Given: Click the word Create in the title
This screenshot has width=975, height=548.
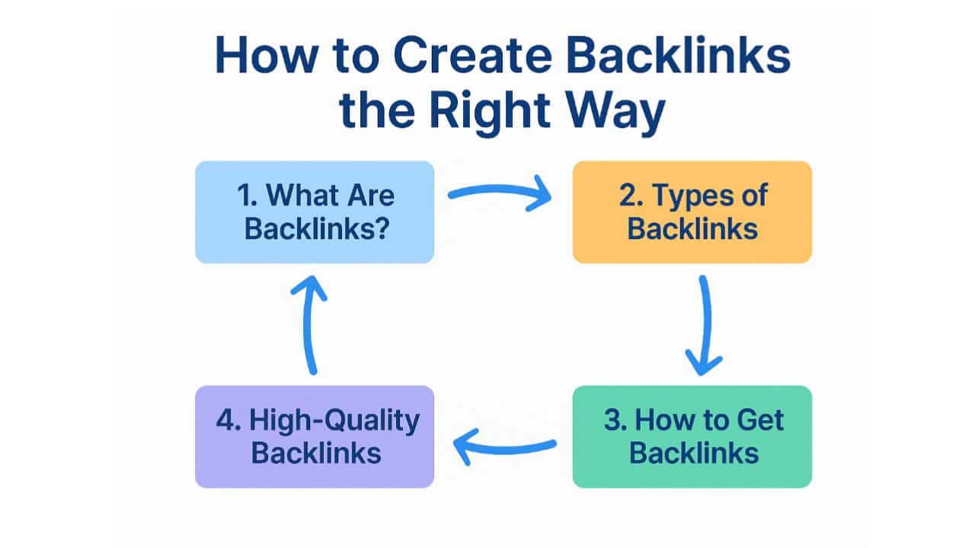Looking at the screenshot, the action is point(472,56).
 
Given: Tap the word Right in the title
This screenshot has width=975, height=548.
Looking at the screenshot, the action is point(490,112).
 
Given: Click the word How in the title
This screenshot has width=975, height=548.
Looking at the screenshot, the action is point(267,56).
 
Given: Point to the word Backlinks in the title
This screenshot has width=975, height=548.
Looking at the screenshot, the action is point(678,56).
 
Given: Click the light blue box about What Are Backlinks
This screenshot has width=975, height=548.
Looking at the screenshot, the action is point(315,212).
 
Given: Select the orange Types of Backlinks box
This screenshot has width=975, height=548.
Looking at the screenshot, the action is point(692,212).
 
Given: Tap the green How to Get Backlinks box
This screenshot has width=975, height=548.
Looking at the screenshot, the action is point(692,437).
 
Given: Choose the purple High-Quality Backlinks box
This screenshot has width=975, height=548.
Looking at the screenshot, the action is point(315,437).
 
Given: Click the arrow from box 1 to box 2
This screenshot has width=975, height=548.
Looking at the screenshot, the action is point(500,190).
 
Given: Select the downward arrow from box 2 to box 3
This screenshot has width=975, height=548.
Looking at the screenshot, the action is point(707,324).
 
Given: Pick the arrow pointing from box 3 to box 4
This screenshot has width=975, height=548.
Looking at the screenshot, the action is point(505,449).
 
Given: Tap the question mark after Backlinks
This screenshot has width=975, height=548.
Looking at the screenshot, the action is point(381,228).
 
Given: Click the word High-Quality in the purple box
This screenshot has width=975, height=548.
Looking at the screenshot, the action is point(334,422).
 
